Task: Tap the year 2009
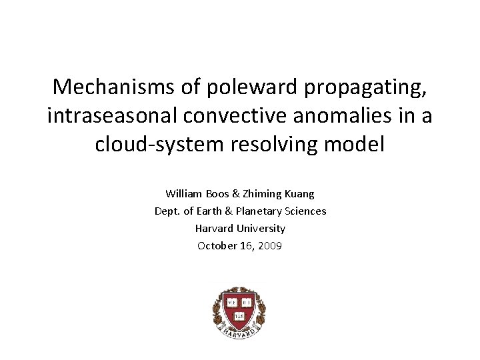tap(270, 246)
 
